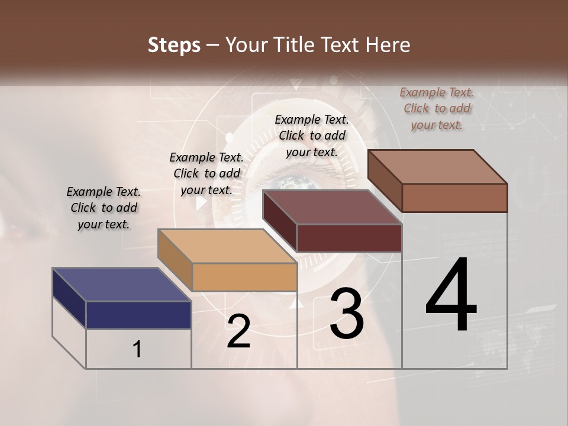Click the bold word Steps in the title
tap(174, 45)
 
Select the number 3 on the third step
tap(347, 314)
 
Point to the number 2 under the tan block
tap(238, 331)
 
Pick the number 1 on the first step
tap(137, 349)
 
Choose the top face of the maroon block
tap(332, 207)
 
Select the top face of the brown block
tap(437, 167)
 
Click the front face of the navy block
tap(138, 315)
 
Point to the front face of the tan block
tap(244, 277)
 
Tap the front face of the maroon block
tap(349, 238)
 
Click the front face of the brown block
tap(454, 198)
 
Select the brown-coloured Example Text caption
tap(437, 108)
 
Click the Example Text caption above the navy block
tap(104, 208)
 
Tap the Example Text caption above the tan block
tap(206, 173)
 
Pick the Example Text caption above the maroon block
tap(312, 135)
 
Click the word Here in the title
tap(388, 45)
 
